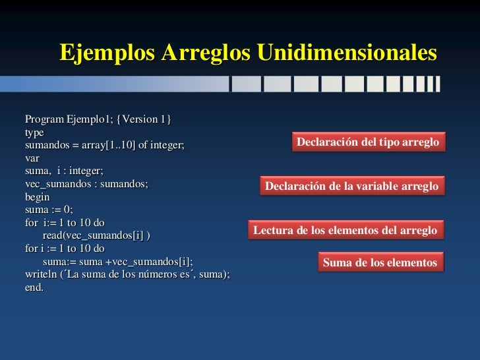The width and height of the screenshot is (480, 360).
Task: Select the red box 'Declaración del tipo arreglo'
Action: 368,142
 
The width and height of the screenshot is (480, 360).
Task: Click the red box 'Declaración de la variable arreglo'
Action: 351,187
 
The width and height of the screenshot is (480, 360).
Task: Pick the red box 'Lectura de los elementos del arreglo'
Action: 345,230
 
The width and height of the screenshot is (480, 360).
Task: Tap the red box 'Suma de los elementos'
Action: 380,262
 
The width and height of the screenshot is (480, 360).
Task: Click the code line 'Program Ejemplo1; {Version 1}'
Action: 98,119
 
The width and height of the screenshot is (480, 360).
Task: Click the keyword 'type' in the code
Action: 34,133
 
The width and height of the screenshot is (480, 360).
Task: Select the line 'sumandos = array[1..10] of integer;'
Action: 105,145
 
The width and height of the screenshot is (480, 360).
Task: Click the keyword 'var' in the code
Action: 32,158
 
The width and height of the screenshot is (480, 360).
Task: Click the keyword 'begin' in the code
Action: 37,197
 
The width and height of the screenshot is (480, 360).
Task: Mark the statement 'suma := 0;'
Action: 49,210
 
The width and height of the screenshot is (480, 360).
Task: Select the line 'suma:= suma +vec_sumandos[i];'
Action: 118,262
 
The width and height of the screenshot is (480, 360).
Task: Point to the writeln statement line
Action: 127,274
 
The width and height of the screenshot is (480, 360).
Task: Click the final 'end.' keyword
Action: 34,287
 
